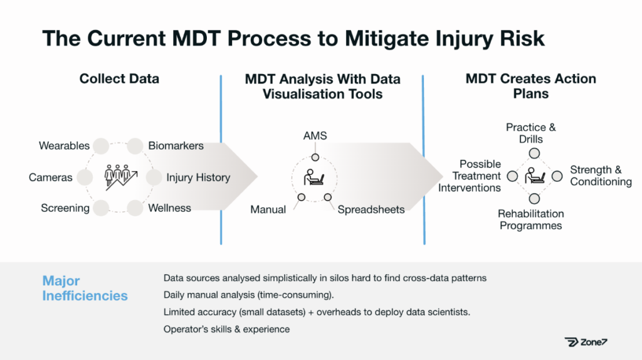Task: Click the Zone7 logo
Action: [x=586, y=342]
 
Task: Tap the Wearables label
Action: [x=65, y=146]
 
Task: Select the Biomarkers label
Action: [x=176, y=146]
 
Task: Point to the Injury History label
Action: [x=198, y=177]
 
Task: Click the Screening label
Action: [x=65, y=208]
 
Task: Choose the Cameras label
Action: [x=50, y=177]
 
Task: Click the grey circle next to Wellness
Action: [x=135, y=208]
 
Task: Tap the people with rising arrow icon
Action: [x=120, y=177]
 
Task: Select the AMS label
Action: [x=315, y=135]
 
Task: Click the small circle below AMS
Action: [x=315, y=157]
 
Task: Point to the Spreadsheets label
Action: [x=371, y=209]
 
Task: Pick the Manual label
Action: [x=268, y=209]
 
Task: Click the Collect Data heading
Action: [x=119, y=78]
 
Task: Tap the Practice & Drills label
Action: [x=531, y=133]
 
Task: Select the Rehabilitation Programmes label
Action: [x=530, y=220]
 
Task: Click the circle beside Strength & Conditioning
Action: [x=557, y=176]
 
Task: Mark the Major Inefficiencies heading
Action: [x=85, y=288]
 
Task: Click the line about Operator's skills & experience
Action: [x=226, y=329]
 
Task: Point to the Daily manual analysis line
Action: [x=248, y=295]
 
